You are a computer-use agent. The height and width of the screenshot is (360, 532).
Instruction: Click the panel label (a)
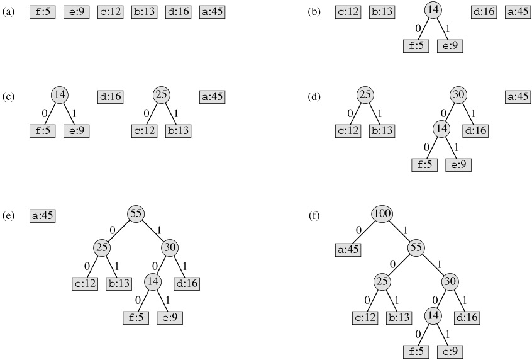click(9, 12)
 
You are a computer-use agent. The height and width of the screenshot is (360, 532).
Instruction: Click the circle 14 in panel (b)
click(433, 11)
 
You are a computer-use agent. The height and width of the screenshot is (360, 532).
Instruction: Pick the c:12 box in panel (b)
click(348, 12)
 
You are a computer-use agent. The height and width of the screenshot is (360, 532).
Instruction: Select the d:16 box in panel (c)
click(110, 97)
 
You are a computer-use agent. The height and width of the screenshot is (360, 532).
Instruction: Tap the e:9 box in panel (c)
click(76, 131)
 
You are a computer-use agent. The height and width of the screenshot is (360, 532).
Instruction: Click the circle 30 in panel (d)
click(458, 95)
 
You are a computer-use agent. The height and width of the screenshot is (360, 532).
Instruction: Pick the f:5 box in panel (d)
click(424, 165)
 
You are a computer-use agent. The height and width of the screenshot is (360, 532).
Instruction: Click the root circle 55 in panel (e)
click(136, 213)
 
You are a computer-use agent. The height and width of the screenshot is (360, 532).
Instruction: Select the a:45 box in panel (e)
click(42, 215)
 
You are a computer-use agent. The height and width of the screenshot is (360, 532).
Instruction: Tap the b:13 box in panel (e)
click(119, 283)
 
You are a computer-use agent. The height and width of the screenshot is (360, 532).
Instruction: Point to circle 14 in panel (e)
click(153, 281)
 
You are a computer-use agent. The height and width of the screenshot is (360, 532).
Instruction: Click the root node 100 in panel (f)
click(382, 214)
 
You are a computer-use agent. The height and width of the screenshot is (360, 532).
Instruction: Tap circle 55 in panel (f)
click(416, 247)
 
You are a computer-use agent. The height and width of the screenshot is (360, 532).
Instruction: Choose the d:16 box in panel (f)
click(466, 318)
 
